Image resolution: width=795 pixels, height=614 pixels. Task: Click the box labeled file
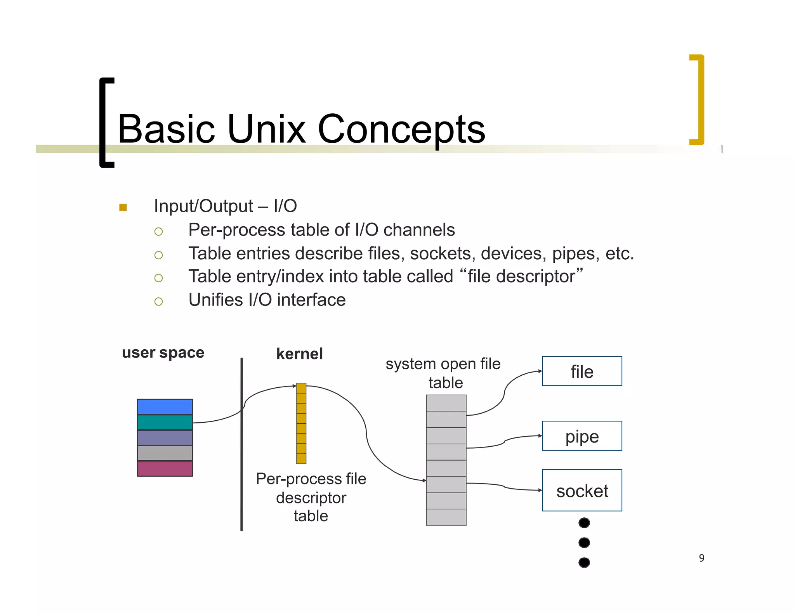(581, 371)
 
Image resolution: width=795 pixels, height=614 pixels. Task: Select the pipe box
(581, 436)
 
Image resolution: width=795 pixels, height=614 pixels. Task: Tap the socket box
(581, 490)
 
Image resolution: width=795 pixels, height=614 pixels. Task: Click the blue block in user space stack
(165, 407)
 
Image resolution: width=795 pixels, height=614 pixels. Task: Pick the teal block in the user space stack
(165, 422)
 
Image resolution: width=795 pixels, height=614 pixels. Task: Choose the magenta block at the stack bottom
(165, 468)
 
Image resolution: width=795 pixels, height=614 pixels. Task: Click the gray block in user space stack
(165, 453)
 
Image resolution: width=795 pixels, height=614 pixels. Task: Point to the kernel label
(299, 354)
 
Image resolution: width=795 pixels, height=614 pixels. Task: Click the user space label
(163, 352)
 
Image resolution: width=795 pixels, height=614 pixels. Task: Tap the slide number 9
(701, 558)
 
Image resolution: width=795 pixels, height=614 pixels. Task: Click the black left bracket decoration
(104, 122)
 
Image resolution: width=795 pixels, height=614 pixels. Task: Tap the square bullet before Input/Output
(123, 207)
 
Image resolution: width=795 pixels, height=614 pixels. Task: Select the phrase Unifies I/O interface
(267, 300)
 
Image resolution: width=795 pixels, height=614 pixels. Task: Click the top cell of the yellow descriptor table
(301, 388)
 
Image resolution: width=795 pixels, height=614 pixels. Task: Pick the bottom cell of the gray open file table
(446, 517)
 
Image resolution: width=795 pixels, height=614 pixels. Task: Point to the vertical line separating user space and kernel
(241, 444)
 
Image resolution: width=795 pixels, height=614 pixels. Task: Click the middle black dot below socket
(584, 542)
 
